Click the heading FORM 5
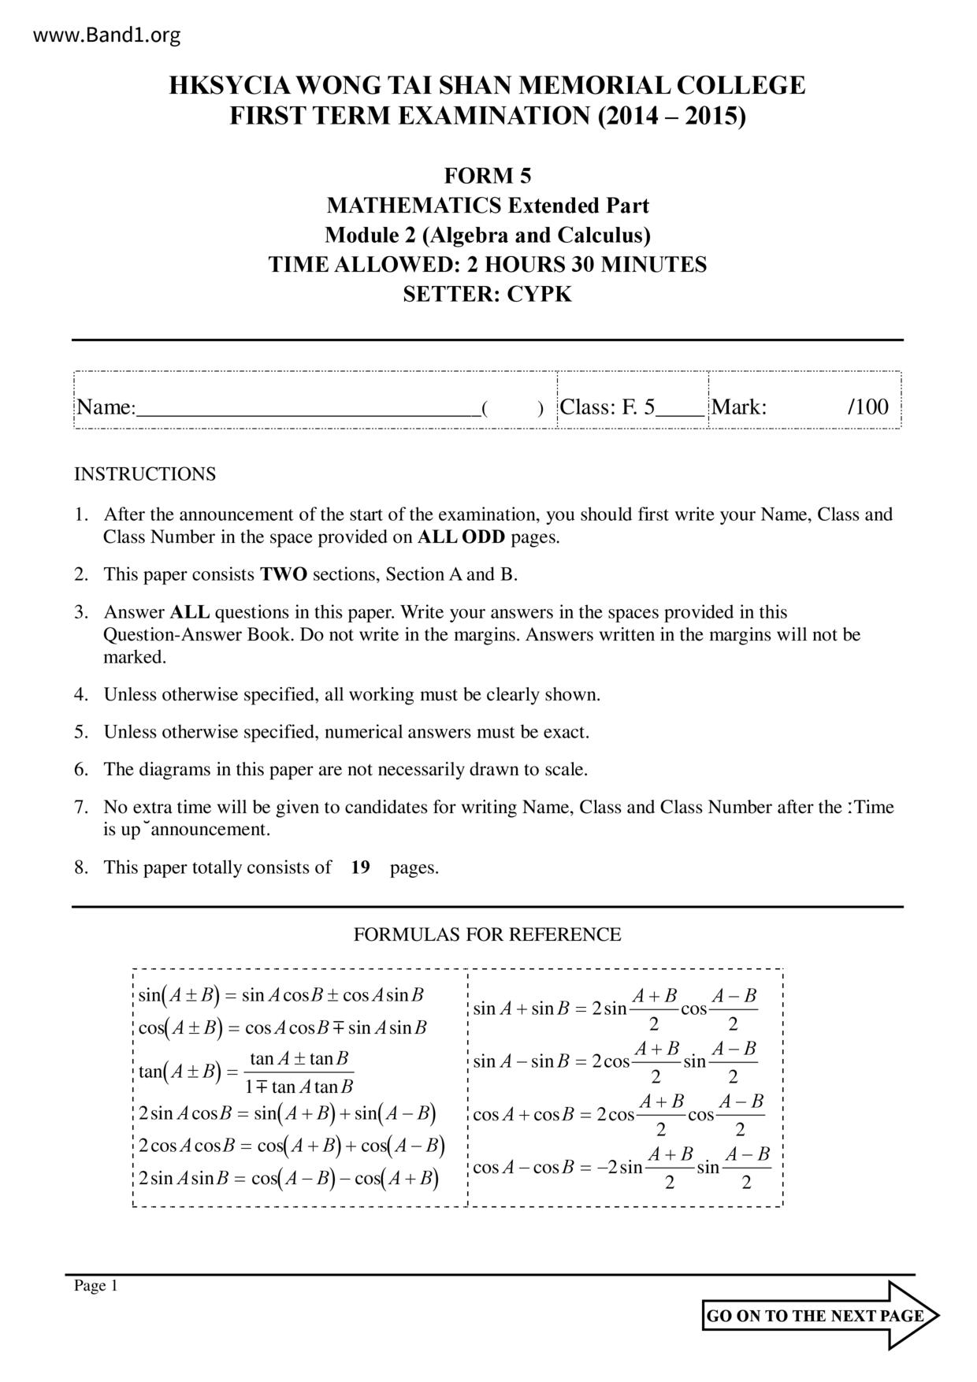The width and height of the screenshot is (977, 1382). coord(487,175)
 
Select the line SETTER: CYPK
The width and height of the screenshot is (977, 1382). coord(487,295)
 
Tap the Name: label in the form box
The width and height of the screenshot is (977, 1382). coord(106,407)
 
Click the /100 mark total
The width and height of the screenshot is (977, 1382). coord(867,407)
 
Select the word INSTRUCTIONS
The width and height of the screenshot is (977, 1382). coord(145,474)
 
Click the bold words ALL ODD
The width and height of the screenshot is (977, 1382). coord(461,537)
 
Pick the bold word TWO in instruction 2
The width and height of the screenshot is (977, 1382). coord(284,574)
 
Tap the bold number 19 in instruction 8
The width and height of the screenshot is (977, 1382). coord(360,867)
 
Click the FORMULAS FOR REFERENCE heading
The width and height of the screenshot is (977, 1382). coord(487,934)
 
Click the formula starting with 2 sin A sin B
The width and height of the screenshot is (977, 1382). coord(288,1179)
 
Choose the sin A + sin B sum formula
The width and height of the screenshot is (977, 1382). coord(615,1009)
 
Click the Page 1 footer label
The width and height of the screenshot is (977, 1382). coord(95,1286)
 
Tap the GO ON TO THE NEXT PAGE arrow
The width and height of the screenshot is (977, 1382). coord(819,1316)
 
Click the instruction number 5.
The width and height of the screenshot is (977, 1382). coord(81,732)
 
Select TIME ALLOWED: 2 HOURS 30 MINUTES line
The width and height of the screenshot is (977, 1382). coord(487,265)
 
